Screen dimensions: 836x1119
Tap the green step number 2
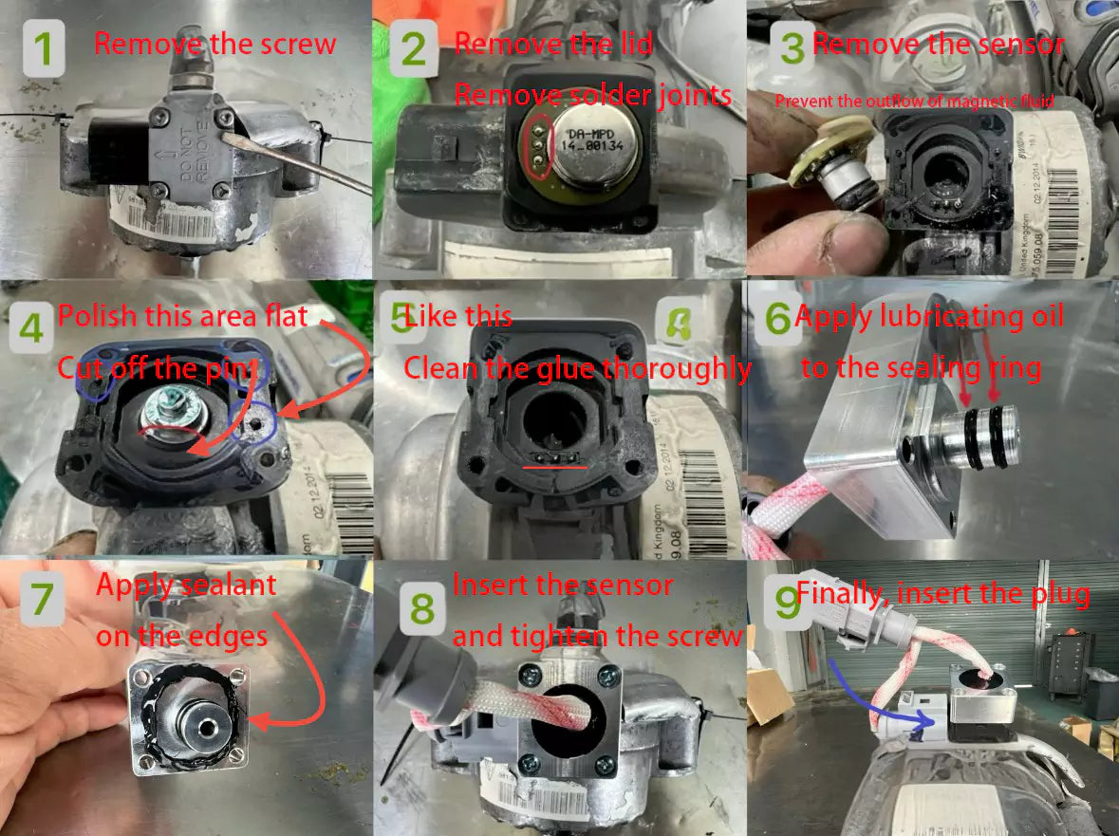414,49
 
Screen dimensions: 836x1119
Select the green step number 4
31,327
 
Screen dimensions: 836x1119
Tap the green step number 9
787,604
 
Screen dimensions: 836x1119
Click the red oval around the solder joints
538,147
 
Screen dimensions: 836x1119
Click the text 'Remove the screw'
214,44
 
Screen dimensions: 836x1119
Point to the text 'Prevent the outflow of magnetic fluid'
914,102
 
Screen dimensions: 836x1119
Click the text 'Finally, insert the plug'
942,595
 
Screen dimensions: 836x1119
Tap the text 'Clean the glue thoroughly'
577,367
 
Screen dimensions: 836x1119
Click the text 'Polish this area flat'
183,316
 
